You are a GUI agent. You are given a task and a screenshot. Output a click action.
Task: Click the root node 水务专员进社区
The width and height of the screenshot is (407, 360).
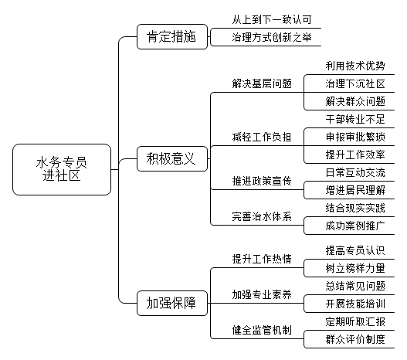[x=62, y=169]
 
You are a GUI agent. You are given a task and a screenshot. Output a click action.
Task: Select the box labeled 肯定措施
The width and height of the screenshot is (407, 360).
[x=172, y=36]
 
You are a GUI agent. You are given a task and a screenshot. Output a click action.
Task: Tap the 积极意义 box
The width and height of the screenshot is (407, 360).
[x=172, y=158]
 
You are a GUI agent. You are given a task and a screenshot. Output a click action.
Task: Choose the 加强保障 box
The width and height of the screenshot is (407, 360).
[x=172, y=303]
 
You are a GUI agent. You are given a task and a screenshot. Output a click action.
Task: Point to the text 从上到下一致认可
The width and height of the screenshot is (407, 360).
[x=272, y=20]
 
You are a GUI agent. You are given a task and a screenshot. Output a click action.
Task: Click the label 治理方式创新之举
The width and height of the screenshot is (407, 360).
[x=272, y=37]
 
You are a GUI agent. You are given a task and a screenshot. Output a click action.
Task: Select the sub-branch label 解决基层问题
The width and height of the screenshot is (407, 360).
[x=262, y=83]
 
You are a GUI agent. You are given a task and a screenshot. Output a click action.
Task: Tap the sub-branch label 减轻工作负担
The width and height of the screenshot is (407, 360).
[x=262, y=137]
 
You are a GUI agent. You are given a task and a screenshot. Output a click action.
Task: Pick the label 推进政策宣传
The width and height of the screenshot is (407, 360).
[x=262, y=181]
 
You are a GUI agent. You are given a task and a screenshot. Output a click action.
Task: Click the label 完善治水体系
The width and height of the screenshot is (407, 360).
[x=262, y=216]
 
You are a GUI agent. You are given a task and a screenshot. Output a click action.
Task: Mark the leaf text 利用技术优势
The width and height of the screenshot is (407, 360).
[x=355, y=66]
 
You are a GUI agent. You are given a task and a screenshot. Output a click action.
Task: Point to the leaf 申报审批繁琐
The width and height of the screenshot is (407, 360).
[x=355, y=137]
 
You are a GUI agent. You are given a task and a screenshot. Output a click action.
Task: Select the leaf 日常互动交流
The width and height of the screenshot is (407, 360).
[x=355, y=172]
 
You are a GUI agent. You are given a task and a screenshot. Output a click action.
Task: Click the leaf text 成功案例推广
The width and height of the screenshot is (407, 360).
[x=355, y=226]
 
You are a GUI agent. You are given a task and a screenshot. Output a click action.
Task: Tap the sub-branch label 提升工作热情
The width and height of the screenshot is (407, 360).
[x=262, y=259]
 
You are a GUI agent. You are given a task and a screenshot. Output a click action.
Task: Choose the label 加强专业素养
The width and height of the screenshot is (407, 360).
[x=262, y=294]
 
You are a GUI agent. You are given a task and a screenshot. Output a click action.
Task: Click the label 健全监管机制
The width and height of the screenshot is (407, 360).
[x=262, y=330]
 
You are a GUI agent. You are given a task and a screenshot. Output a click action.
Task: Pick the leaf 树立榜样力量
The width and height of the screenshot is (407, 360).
[x=355, y=268]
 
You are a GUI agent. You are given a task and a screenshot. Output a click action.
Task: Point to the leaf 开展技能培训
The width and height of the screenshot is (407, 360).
[x=355, y=304]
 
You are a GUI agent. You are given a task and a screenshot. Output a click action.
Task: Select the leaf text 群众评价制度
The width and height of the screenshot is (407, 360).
[x=355, y=339]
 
